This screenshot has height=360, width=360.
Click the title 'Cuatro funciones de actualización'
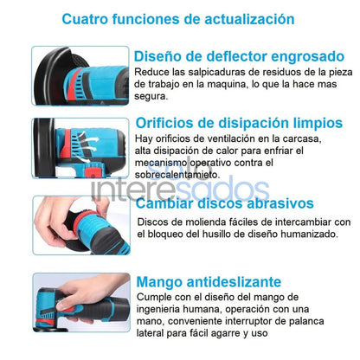coord(178,18)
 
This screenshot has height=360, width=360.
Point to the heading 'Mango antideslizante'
coord(209,281)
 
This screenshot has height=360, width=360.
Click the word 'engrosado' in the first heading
coord(304,56)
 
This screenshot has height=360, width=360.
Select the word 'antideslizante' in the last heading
coord(238,281)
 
